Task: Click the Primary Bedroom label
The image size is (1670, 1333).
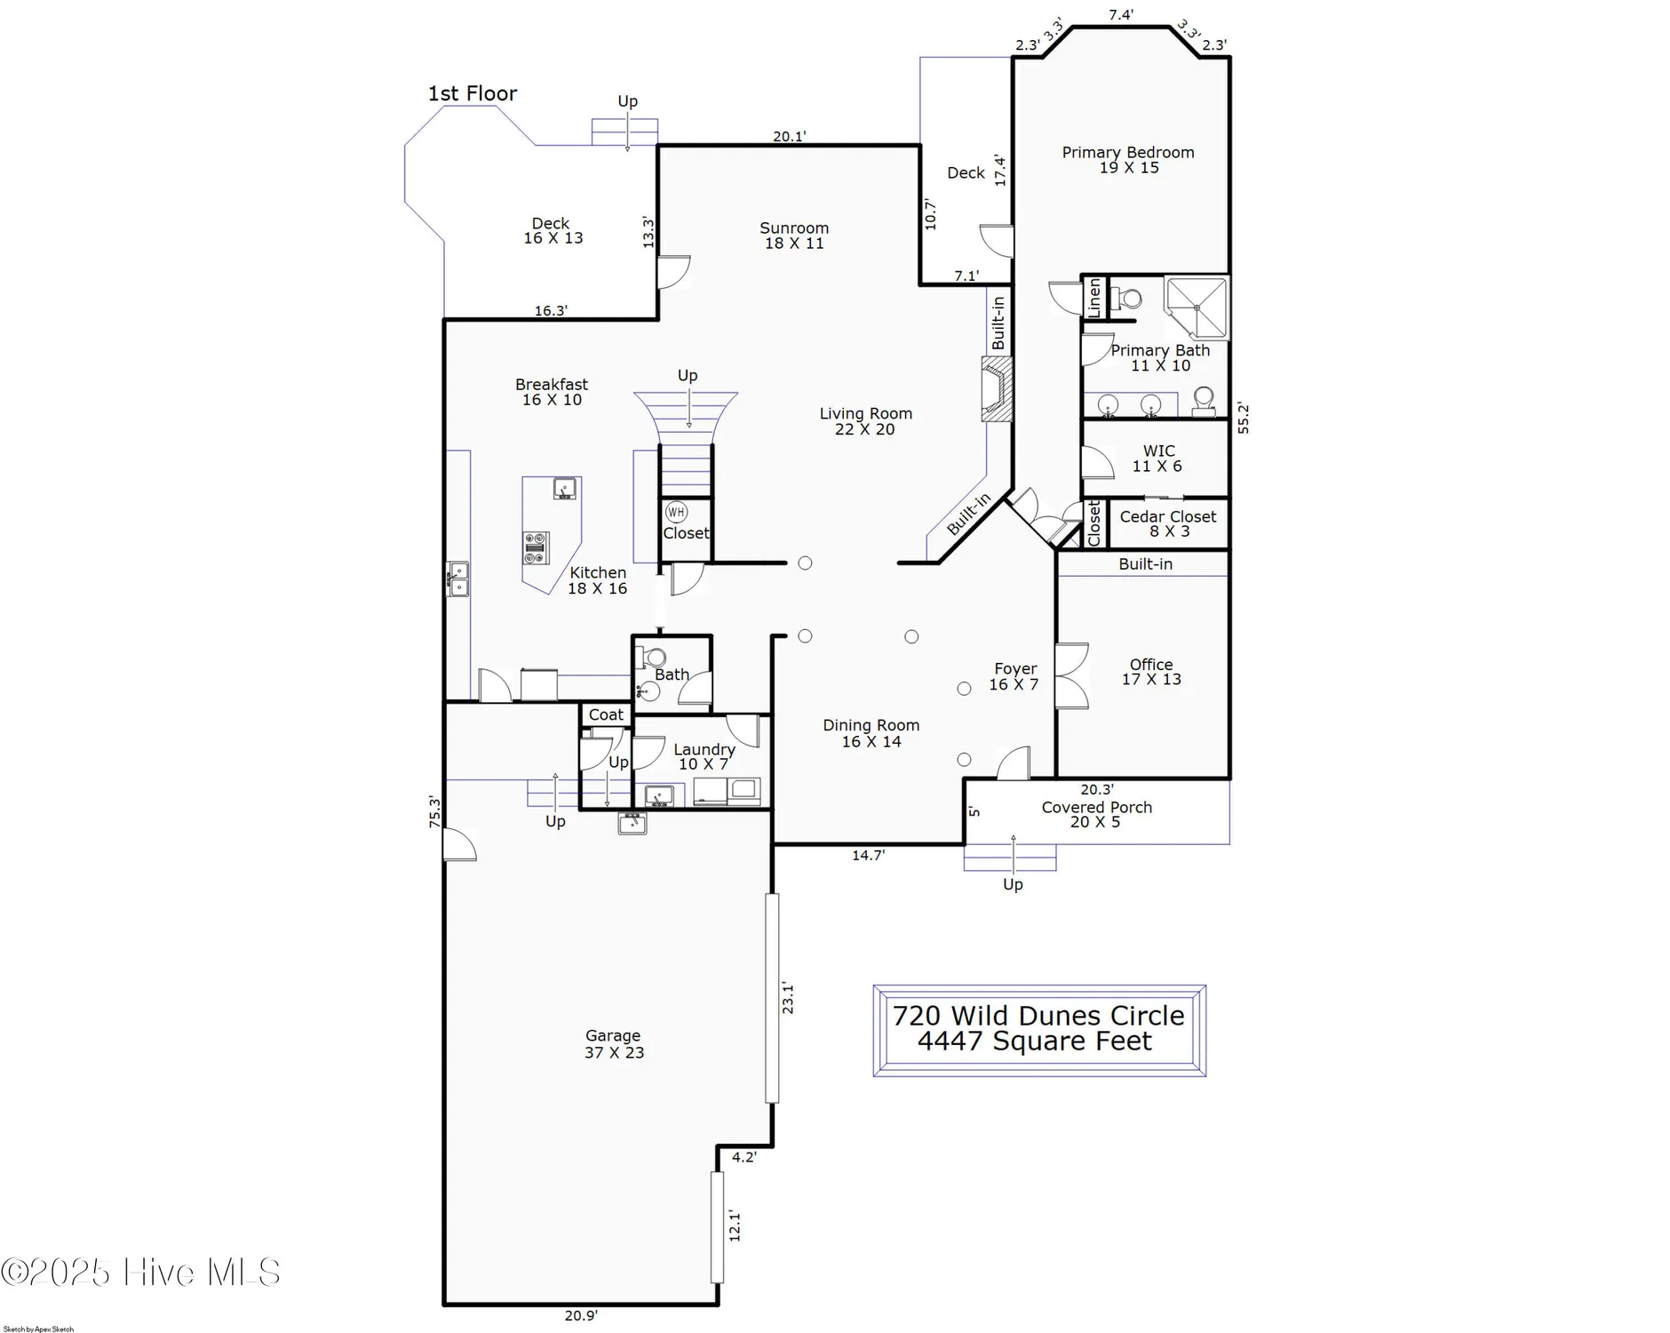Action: tap(1128, 160)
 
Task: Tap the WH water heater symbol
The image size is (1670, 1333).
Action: tap(676, 512)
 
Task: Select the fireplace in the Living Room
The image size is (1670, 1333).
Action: tap(997, 389)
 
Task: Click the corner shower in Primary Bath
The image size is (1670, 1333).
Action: tap(1197, 307)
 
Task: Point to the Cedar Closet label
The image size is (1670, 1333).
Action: tap(1167, 523)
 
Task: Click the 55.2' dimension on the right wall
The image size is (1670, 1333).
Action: tap(1243, 418)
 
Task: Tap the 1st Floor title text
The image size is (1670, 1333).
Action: tap(472, 93)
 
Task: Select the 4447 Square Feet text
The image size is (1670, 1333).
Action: tap(1035, 1042)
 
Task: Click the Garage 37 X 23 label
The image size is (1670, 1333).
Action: tap(614, 1044)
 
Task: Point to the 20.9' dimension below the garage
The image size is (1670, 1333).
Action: tap(581, 1315)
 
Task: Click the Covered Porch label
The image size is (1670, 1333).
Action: tap(1096, 814)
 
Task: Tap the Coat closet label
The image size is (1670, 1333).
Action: tap(606, 714)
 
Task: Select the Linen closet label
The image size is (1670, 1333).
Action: tap(1094, 298)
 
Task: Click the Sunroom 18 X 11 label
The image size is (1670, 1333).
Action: tap(794, 235)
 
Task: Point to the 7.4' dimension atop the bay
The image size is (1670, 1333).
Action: tap(1120, 15)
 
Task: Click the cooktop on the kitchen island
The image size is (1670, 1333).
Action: tap(536, 547)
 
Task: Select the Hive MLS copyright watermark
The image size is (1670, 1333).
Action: tap(140, 1273)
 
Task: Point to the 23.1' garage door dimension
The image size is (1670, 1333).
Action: tap(788, 997)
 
